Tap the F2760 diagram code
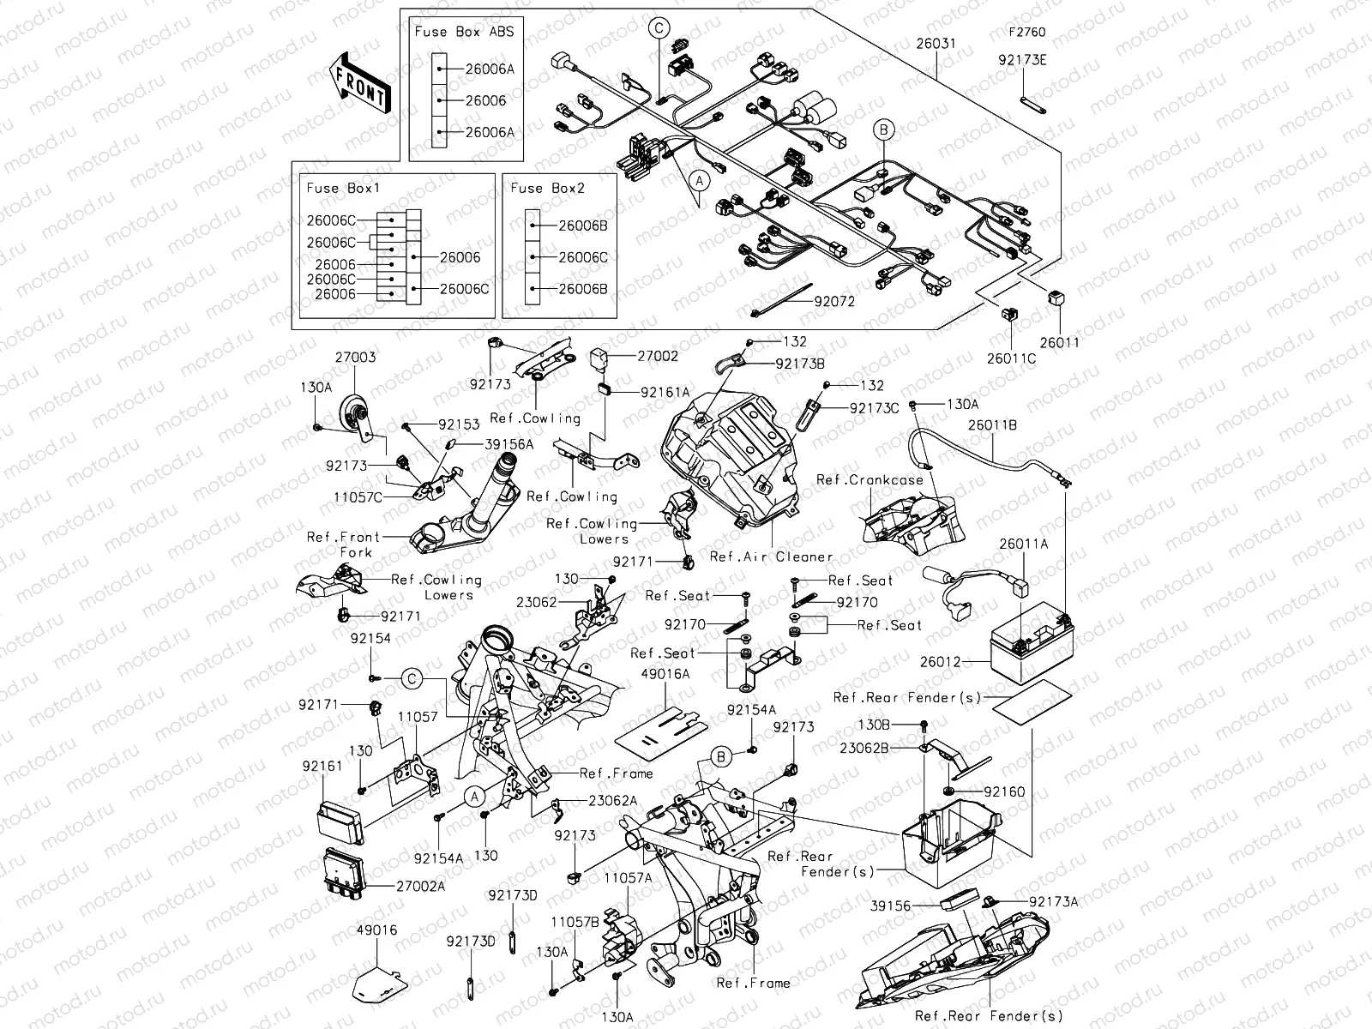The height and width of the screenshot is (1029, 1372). click(1026, 33)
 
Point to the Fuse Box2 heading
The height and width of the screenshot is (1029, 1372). click(547, 188)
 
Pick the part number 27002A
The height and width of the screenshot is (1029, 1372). click(419, 886)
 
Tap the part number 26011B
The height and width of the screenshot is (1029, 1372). click(993, 424)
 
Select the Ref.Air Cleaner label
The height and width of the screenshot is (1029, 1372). click(771, 557)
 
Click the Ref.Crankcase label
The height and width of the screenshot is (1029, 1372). click(870, 480)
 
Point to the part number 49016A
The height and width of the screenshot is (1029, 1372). click(665, 674)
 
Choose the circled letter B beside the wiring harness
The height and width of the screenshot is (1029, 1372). click(884, 130)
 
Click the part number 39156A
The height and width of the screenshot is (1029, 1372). click(508, 444)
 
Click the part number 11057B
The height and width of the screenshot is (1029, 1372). click(575, 922)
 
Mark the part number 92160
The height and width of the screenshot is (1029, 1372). click(1004, 791)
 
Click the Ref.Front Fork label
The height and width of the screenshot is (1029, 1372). click(343, 544)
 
